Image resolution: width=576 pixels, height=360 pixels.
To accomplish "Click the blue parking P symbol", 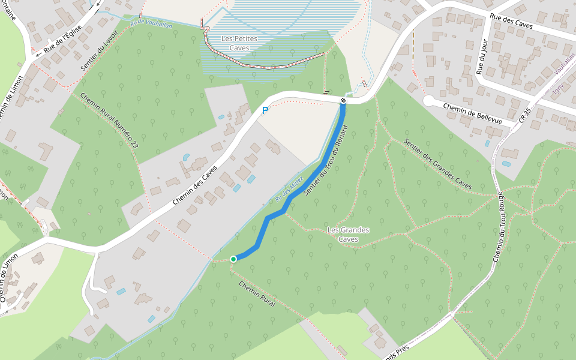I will (265, 110).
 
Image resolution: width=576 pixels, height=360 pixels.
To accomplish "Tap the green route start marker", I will (233, 259).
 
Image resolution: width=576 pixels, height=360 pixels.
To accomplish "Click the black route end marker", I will (343, 101).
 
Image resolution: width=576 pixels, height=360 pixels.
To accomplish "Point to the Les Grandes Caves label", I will (349, 235).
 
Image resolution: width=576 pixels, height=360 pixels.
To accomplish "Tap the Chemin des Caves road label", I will (193, 185).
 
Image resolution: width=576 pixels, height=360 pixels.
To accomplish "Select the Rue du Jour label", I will (481, 56).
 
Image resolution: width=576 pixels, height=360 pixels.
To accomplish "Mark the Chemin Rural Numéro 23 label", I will (109, 121).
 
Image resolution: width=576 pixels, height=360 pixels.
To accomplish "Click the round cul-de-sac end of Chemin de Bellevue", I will (429, 101).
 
